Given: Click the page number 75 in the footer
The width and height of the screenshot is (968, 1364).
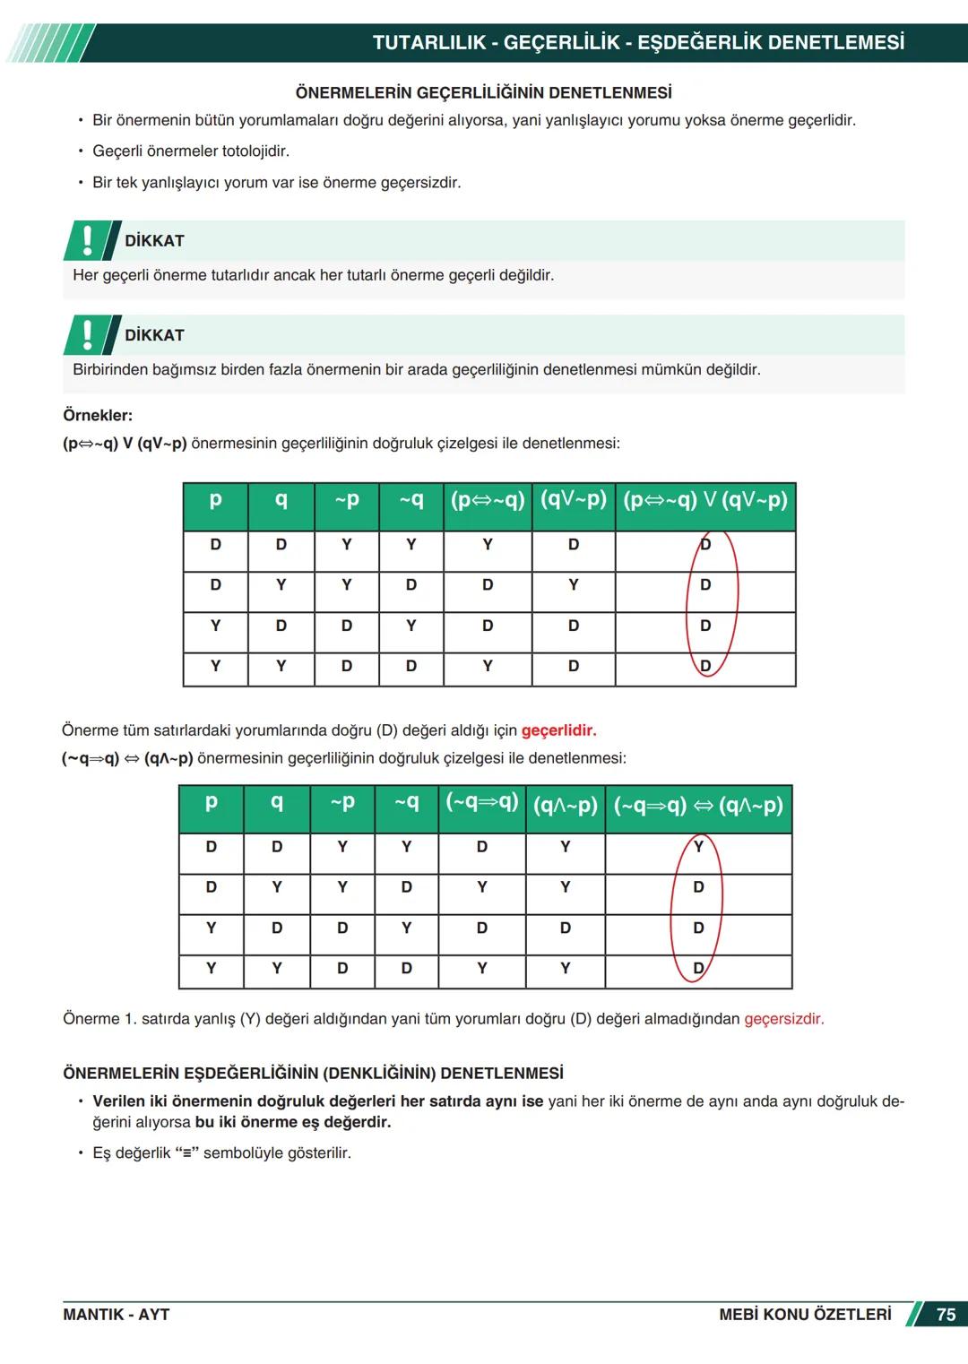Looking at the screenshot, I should pos(946,1315).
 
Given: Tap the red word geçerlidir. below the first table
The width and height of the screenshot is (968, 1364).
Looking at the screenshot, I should pos(558,730).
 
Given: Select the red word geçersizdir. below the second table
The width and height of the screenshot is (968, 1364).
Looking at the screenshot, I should pos(783,1019).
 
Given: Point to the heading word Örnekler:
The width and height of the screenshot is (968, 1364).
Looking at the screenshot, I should pos(98,416).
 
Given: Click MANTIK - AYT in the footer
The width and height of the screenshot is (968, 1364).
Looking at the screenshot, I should pos(116,1315).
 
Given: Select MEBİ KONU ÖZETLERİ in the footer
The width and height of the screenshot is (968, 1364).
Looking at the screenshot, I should pos(805,1315).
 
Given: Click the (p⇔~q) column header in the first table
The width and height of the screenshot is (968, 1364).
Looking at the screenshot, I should pos(487,500).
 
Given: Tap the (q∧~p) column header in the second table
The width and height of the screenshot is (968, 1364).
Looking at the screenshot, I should pos(565,805).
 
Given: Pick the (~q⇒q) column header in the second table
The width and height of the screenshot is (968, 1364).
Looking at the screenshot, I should pos(482,801).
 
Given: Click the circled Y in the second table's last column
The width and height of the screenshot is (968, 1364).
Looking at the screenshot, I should pos(698,846).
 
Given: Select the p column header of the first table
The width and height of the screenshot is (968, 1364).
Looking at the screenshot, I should pos(215,500).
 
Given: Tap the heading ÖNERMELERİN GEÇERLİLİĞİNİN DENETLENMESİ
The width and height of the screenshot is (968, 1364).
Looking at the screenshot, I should pos(483,93).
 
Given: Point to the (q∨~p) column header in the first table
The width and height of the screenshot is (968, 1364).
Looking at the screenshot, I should pos(574,499).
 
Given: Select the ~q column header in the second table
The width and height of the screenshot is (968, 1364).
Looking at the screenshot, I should pos(406,802).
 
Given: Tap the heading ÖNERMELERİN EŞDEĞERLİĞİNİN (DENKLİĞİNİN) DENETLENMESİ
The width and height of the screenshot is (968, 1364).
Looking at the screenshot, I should pos(313,1073).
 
